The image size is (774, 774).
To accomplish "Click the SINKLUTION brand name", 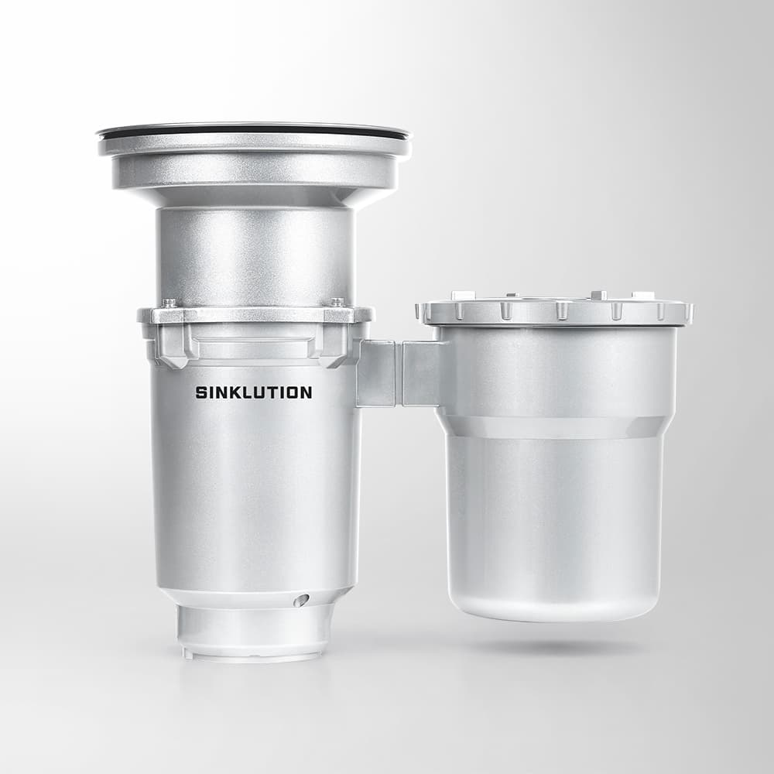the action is coord(254,392).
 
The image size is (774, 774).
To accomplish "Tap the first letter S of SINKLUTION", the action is coord(201,392).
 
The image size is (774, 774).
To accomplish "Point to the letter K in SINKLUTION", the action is coord(238,392).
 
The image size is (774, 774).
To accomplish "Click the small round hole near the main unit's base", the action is coord(300,600).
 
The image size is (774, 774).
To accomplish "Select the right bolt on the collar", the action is coord(337,302).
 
